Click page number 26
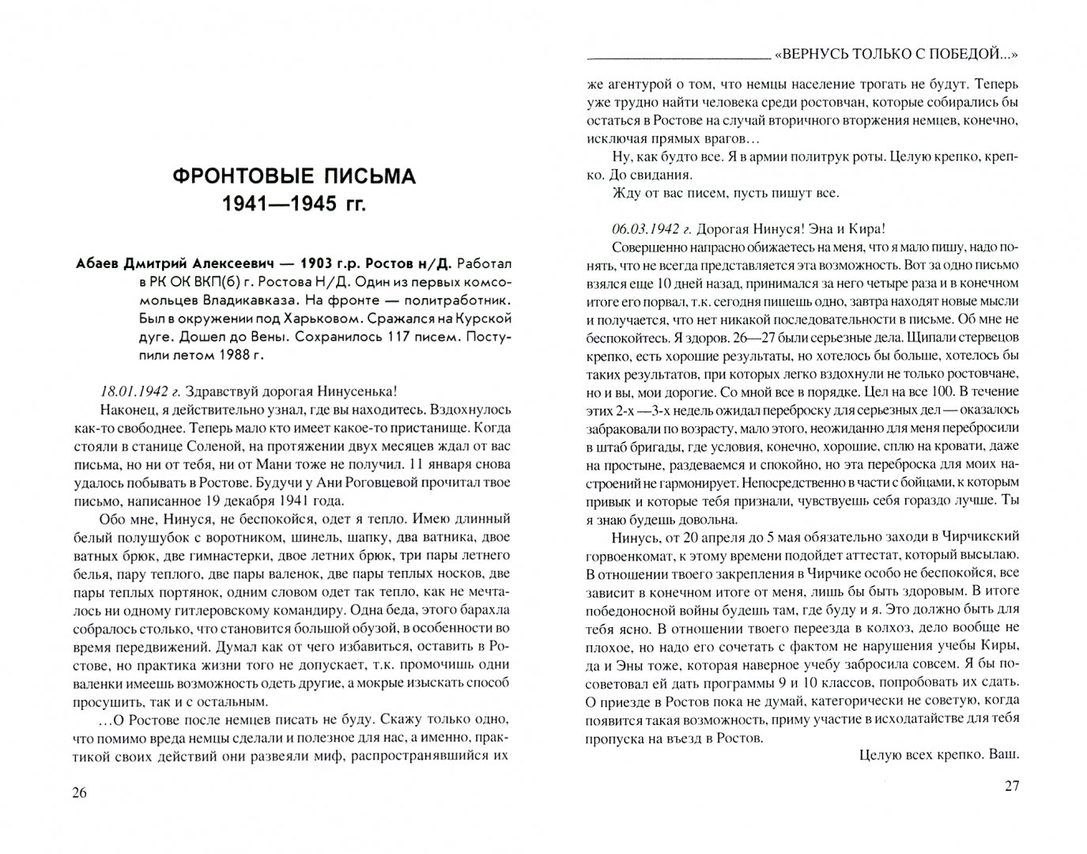(x=79, y=793)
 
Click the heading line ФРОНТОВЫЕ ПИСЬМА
(x=294, y=176)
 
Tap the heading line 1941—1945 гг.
(x=294, y=205)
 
